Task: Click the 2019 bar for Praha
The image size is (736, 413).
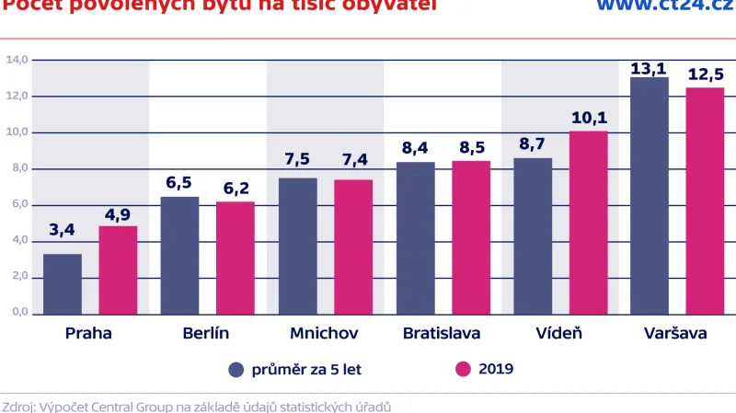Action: tap(118, 270)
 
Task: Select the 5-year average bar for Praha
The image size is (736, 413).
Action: tap(63, 284)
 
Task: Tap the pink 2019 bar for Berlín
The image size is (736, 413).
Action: tap(236, 258)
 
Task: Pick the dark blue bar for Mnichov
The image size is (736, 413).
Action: tap(297, 247)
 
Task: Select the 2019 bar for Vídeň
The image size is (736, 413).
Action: tap(588, 224)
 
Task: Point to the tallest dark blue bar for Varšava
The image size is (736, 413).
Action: tap(650, 196)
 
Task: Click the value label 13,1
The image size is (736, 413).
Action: tap(650, 68)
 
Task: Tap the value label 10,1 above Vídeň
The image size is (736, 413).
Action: tap(588, 118)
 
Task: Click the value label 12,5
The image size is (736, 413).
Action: tap(705, 74)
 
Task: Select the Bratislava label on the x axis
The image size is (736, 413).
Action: tap(443, 333)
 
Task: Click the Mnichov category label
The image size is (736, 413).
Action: tap(324, 333)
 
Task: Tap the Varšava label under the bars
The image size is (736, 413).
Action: tap(675, 333)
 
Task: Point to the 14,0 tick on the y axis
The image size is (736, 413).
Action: tap(17, 61)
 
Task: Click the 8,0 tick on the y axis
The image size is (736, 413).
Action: tap(17, 169)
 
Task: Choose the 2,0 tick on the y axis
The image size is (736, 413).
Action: tap(17, 277)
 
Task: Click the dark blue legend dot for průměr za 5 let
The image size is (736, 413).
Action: tap(236, 370)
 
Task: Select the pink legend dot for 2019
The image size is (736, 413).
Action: tap(463, 370)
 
